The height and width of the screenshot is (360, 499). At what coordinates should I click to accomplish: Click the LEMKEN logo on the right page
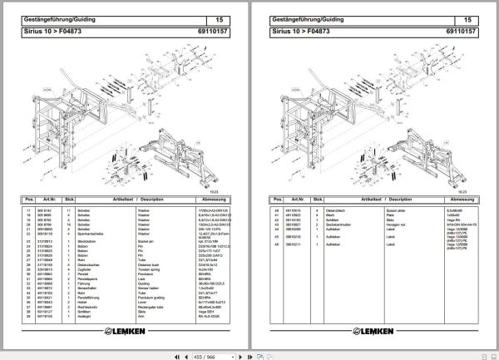(377, 329)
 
